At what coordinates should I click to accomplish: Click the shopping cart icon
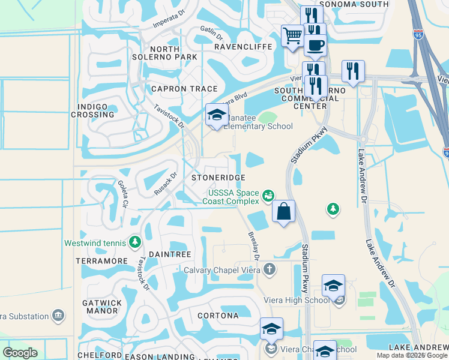[292, 36]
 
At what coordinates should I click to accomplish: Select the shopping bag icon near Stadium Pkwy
[284, 211]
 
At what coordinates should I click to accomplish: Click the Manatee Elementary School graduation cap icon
[216, 115]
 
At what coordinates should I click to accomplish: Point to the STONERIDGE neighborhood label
[218, 178]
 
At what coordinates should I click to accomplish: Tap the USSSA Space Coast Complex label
[233, 197]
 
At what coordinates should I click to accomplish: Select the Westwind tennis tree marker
[136, 242]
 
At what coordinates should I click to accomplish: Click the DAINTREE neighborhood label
[169, 255]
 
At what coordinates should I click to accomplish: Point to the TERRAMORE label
[102, 262]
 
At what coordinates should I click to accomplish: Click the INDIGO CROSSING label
[92, 110]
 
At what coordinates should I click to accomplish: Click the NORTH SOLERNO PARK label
[173, 53]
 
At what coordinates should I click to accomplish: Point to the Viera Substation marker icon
[58, 315]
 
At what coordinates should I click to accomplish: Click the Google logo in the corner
[20, 353]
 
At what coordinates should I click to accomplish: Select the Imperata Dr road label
[151, 23]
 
